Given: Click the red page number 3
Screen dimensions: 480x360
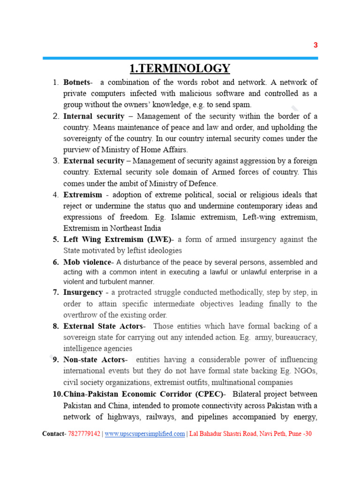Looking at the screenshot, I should point(315,45).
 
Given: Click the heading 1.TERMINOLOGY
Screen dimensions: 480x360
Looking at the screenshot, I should point(180,68).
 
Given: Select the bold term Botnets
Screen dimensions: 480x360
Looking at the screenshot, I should point(77,82).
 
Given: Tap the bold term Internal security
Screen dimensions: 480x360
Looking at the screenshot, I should point(94,116).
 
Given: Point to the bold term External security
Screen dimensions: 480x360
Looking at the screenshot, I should point(94,161).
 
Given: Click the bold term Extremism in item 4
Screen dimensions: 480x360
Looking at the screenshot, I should point(82,195).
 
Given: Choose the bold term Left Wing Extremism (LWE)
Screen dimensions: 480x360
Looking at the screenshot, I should point(117,240).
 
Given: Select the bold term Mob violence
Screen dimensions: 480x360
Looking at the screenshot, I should point(87,262).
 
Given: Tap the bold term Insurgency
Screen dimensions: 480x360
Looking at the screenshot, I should point(83,292).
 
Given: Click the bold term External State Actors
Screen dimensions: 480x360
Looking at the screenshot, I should point(104,326).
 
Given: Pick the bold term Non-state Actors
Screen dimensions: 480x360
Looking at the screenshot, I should point(94,360).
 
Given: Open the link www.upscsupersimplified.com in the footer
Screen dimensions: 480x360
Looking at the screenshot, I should point(145,434).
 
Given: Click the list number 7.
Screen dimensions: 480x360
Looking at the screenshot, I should point(55,292).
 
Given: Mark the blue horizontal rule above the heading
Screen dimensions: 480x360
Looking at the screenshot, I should point(180,58).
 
